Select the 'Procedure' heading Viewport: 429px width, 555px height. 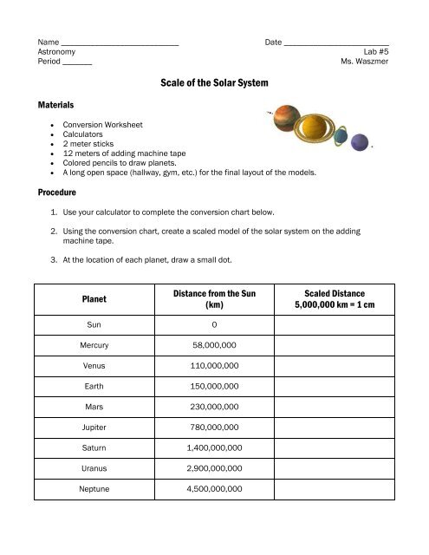tap(57, 193)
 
